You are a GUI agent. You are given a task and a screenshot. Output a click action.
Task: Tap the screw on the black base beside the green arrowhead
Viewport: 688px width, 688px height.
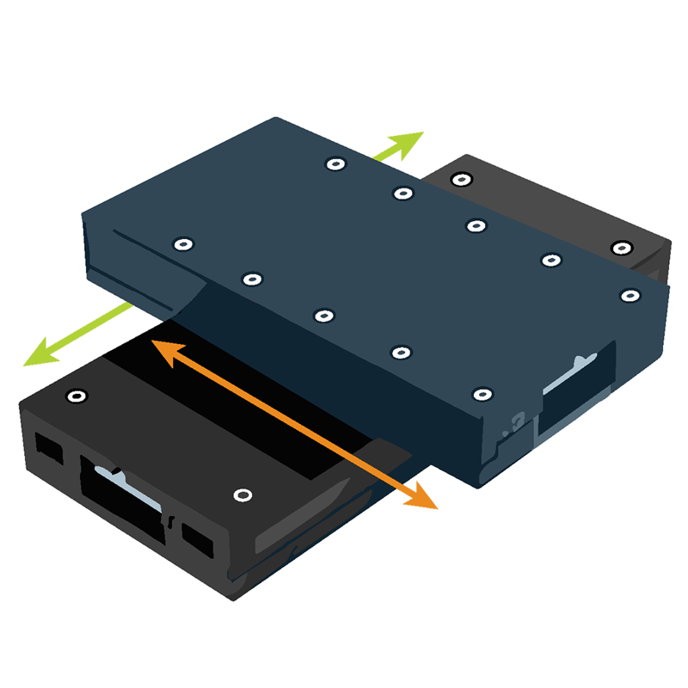click(77, 396)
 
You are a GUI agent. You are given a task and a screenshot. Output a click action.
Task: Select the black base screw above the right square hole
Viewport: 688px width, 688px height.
click(243, 495)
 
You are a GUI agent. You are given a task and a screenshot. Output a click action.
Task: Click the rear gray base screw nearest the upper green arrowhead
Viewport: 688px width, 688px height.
click(462, 179)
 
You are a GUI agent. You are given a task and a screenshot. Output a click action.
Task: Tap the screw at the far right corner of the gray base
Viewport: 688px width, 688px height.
click(621, 248)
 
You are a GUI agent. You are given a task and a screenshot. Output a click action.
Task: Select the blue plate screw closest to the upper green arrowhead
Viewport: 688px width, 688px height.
click(333, 163)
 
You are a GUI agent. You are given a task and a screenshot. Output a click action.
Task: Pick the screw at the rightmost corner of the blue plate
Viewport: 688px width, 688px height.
click(630, 295)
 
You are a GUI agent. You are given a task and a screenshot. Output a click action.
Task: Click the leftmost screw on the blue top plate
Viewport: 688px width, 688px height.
click(181, 244)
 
